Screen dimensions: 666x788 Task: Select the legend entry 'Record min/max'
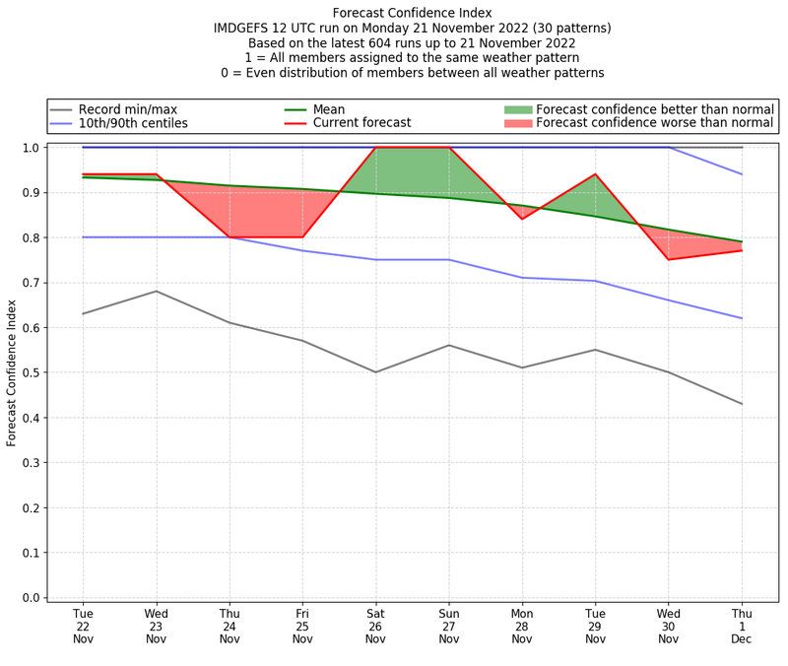(x=127, y=109)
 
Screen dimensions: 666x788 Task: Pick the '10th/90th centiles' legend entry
(x=133, y=124)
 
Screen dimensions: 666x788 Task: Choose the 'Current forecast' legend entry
(x=361, y=124)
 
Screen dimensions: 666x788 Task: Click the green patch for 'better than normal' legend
(x=518, y=109)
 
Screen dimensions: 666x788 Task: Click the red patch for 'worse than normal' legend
(x=518, y=124)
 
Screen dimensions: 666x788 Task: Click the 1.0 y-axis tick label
(x=32, y=148)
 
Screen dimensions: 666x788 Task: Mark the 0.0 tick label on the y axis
(x=32, y=598)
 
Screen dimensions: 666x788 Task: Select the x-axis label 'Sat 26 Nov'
(x=375, y=627)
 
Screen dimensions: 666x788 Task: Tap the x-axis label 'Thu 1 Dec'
(x=742, y=627)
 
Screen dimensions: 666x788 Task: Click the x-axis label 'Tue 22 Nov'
(x=83, y=627)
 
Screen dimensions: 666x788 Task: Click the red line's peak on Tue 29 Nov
(x=595, y=174)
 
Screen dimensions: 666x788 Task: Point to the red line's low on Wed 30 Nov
(x=669, y=259)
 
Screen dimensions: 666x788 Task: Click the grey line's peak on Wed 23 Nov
(x=156, y=291)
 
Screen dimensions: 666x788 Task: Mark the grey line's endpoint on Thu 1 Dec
(x=742, y=404)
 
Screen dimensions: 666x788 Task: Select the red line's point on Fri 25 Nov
(x=302, y=237)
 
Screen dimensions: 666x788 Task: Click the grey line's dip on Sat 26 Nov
(x=375, y=372)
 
